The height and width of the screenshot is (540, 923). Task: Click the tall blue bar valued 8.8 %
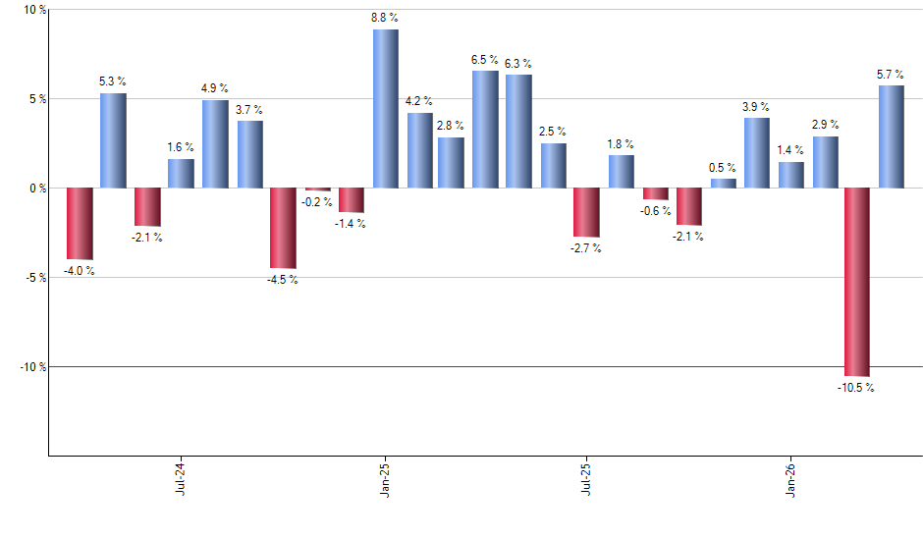[385, 108]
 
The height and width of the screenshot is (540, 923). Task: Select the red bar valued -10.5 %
[857, 282]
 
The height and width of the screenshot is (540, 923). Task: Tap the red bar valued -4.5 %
[283, 228]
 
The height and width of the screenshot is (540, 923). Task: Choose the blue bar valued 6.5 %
[485, 129]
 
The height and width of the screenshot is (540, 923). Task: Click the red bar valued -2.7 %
[586, 212]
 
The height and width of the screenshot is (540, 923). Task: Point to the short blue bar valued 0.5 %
[723, 183]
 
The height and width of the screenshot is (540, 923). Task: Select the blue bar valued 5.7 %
[891, 136]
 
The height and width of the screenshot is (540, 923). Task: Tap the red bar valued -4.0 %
[80, 224]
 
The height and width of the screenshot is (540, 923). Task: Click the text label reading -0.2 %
[316, 202]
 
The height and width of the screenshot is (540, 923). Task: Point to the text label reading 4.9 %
[215, 88]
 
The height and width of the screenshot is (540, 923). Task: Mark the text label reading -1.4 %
[350, 224]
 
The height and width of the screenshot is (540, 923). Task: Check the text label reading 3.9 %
[756, 106]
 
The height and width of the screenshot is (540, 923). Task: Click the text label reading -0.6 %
[655, 211]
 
